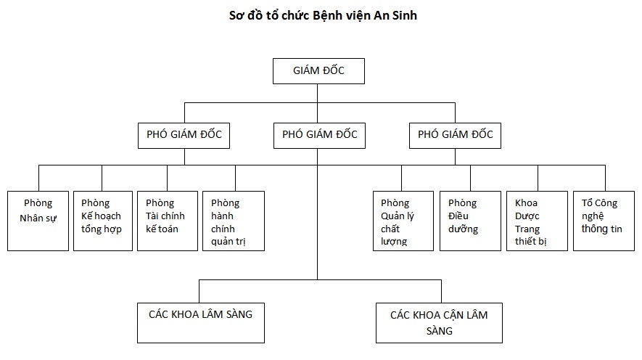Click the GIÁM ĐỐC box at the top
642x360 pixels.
pos(318,71)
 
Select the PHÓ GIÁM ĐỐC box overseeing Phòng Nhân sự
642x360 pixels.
pos(184,135)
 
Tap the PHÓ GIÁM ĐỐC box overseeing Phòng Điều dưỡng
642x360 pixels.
pos(456,135)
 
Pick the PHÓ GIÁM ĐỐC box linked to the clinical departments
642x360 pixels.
pos(319,135)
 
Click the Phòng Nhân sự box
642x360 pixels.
pos(38,221)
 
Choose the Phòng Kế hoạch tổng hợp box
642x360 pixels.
pos(102,221)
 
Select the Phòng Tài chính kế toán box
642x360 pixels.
pos(167,221)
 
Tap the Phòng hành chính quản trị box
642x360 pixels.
pos(234,221)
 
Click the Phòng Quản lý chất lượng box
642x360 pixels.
pos(401,221)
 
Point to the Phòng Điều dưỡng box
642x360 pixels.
pos(469,221)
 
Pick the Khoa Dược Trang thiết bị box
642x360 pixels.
pos(538,221)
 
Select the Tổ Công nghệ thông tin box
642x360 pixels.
pos(604,221)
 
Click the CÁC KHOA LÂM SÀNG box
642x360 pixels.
pos(200,320)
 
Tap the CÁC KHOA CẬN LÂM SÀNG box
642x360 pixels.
pos(439,322)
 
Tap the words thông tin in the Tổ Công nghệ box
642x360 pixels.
pos(601,229)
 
